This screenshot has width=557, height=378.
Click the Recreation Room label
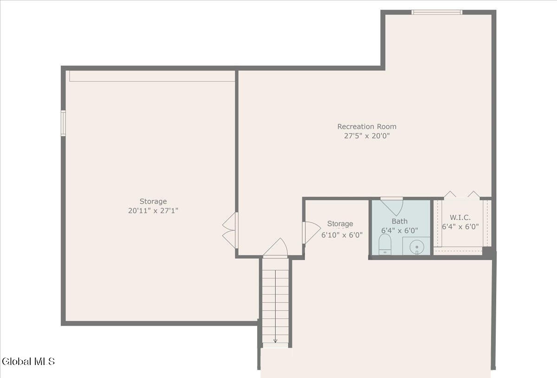click(367, 127)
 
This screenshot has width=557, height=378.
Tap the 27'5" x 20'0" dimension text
click(367, 136)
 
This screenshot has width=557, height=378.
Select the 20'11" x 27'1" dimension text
click(153, 211)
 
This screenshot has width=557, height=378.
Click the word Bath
click(400, 221)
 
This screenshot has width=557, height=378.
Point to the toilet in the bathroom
click(385, 244)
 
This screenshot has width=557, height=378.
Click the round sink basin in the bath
click(417, 247)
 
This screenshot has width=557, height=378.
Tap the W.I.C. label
click(460, 217)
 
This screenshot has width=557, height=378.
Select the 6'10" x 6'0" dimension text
click(342, 235)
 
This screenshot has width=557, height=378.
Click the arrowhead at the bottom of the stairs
click(275, 341)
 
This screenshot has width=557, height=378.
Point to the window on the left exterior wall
click(64, 123)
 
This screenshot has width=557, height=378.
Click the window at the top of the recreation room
click(437, 12)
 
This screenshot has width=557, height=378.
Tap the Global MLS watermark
click(28, 361)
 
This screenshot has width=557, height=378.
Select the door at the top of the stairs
click(276, 248)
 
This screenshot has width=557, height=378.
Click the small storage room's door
click(311, 233)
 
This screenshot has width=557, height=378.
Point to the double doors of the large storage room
click(230, 230)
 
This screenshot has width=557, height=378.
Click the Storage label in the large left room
click(153, 201)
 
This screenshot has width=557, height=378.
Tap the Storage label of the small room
click(340, 224)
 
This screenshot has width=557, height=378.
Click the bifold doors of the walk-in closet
click(462, 195)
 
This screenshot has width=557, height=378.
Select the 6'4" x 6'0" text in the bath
click(400, 231)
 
